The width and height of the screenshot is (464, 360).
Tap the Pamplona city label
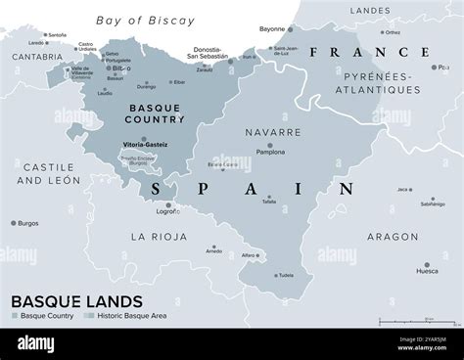pos(270,152)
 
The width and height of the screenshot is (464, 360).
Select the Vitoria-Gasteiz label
pos(144,144)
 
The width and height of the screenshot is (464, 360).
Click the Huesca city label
pos(427,270)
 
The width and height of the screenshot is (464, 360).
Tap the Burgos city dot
pos(13,223)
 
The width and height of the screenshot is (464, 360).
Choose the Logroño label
pos(168,210)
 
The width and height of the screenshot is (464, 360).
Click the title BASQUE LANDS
pos(75,301)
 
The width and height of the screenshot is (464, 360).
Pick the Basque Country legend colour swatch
pos(13,316)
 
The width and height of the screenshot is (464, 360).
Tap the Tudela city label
pos(285,275)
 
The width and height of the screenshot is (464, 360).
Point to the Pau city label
pos(445,67)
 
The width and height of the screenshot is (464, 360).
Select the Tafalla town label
pos(269,202)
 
